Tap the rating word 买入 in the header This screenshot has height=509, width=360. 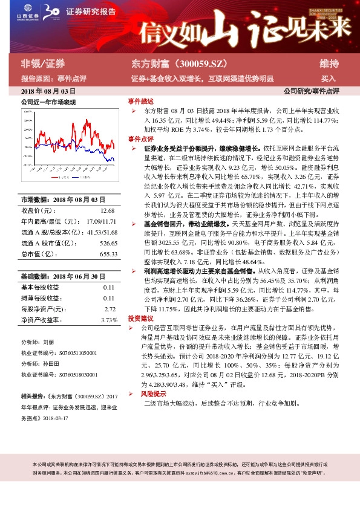click(329, 79)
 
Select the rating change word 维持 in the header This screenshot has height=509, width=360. click(329, 63)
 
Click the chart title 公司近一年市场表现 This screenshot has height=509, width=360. click(48, 102)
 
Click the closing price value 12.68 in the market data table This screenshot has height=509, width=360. click(107, 210)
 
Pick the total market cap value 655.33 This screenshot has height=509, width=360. click(108, 254)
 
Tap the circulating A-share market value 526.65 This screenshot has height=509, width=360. click(108, 244)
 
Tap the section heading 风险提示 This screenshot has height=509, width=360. click(152, 393)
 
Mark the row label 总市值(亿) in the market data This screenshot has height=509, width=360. click(39, 254)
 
